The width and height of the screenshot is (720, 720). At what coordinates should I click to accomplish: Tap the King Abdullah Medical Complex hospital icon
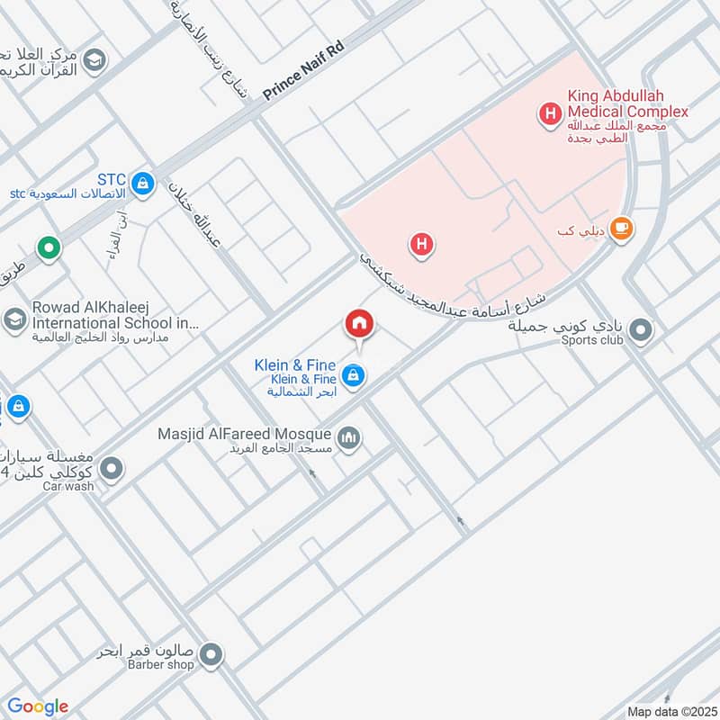(x=548, y=114)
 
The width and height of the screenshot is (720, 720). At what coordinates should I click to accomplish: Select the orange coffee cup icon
(x=621, y=229)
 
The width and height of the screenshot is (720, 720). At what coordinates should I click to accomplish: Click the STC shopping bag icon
(x=141, y=184)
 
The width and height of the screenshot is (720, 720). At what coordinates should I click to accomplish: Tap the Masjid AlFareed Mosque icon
(x=348, y=439)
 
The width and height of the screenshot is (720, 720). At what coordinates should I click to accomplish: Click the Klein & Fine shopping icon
(x=354, y=375)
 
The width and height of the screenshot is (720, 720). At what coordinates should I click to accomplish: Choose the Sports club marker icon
(x=641, y=331)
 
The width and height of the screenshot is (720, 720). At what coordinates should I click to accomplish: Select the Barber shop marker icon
(x=211, y=655)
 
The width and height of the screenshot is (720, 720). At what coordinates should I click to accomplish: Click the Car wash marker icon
(x=112, y=468)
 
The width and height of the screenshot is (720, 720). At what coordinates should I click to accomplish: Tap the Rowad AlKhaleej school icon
(x=14, y=319)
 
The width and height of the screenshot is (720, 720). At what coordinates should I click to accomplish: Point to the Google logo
(x=37, y=706)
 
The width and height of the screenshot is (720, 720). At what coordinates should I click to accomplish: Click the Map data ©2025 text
(x=670, y=711)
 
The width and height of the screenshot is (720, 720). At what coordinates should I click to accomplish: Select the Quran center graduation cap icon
(x=94, y=61)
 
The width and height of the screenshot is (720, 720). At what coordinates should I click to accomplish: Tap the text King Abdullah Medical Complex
(x=627, y=103)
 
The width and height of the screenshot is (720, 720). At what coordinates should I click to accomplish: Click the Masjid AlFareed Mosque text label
(x=245, y=434)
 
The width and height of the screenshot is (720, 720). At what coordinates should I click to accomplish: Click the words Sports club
(x=592, y=340)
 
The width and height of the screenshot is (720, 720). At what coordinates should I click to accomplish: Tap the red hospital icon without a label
(x=421, y=243)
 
